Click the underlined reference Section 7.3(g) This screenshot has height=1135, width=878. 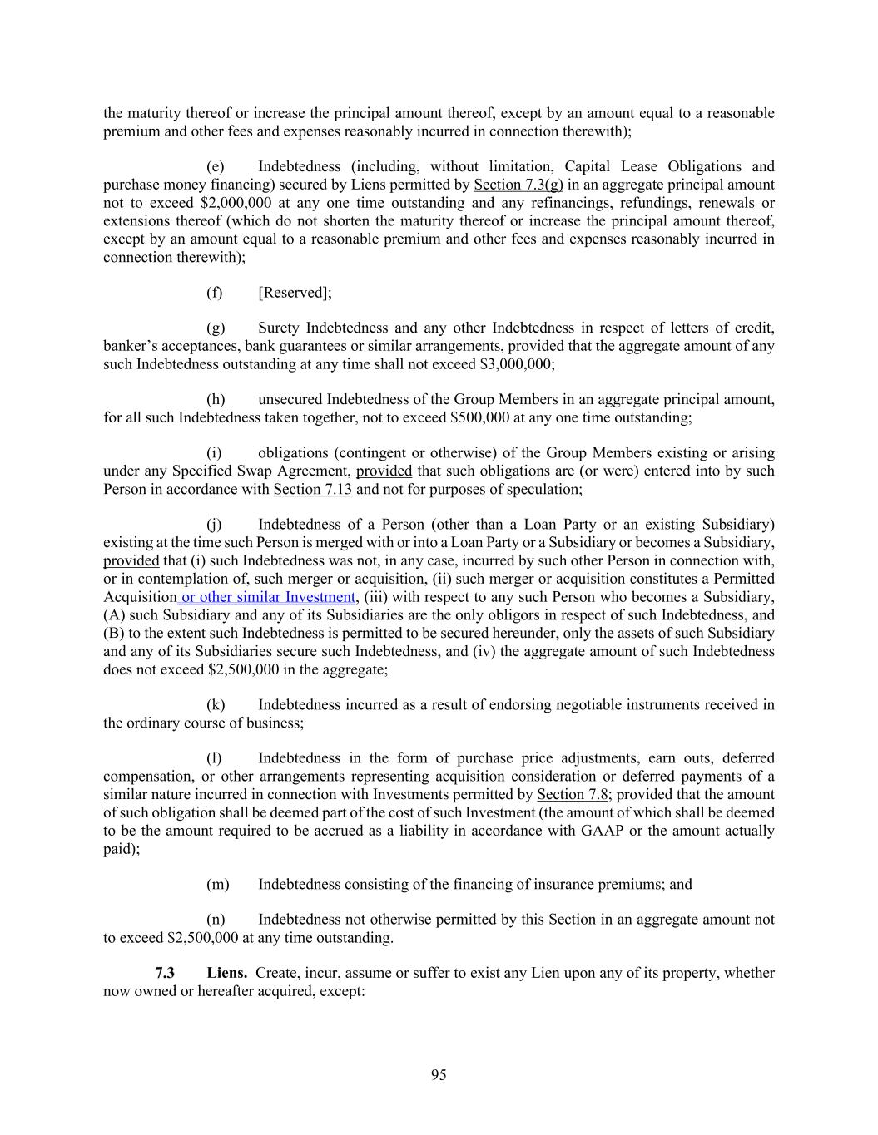tap(518, 185)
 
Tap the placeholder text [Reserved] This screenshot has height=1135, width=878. tap(294, 292)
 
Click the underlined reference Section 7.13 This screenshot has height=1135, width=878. tap(312, 489)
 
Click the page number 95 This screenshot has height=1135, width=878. tap(439, 1075)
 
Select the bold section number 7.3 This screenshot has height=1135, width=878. tap(165, 972)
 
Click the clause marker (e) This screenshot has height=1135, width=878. tap(215, 166)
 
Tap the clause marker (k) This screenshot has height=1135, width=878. tap(216, 704)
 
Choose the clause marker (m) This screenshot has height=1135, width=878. tap(217, 884)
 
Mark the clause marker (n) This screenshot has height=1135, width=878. tap(216, 919)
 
